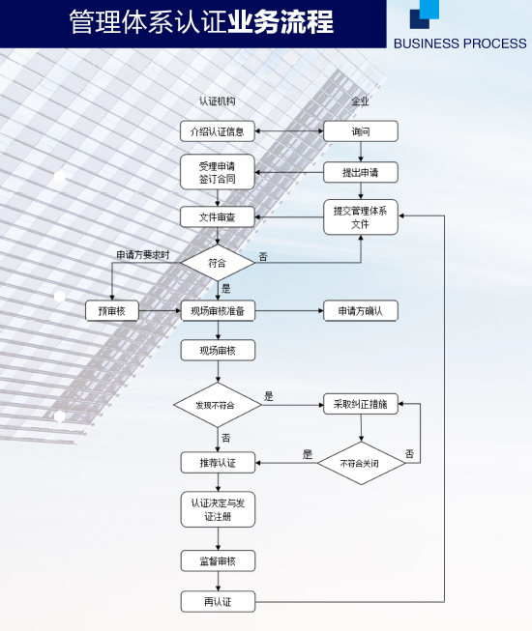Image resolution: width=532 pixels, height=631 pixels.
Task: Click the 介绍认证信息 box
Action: click(218, 131)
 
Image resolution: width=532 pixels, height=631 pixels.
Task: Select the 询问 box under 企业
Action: click(361, 131)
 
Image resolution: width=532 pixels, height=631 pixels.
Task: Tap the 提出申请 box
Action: click(361, 172)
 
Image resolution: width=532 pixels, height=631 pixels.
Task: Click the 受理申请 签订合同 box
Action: click(218, 172)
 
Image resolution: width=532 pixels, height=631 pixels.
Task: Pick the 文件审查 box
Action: click(218, 216)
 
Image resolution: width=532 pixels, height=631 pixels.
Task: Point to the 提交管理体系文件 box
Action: click(361, 216)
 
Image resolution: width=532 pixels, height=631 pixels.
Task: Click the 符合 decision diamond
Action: click(218, 263)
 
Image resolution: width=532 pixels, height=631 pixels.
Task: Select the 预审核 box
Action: click(112, 311)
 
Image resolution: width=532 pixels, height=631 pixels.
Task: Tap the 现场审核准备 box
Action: click(218, 311)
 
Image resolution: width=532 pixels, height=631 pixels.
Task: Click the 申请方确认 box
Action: click(361, 311)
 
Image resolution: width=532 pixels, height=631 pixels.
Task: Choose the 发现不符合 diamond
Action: click(218, 405)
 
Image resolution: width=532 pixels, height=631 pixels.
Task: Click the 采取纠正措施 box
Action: click(361, 404)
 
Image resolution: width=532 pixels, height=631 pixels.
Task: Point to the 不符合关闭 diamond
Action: click(361, 463)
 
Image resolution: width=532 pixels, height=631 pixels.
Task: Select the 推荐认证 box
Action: click(218, 463)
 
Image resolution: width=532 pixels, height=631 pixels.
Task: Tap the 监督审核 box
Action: click(218, 561)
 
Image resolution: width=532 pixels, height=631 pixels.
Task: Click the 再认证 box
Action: click(218, 602)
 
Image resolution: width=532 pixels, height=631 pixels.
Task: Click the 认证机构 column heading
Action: click(217, 101)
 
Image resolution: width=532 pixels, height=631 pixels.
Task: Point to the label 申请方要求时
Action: click(143, 255)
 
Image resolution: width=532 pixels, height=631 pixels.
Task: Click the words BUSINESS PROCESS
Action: click(459, 43)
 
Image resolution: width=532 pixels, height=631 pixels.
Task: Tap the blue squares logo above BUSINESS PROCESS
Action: click(425, 14)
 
